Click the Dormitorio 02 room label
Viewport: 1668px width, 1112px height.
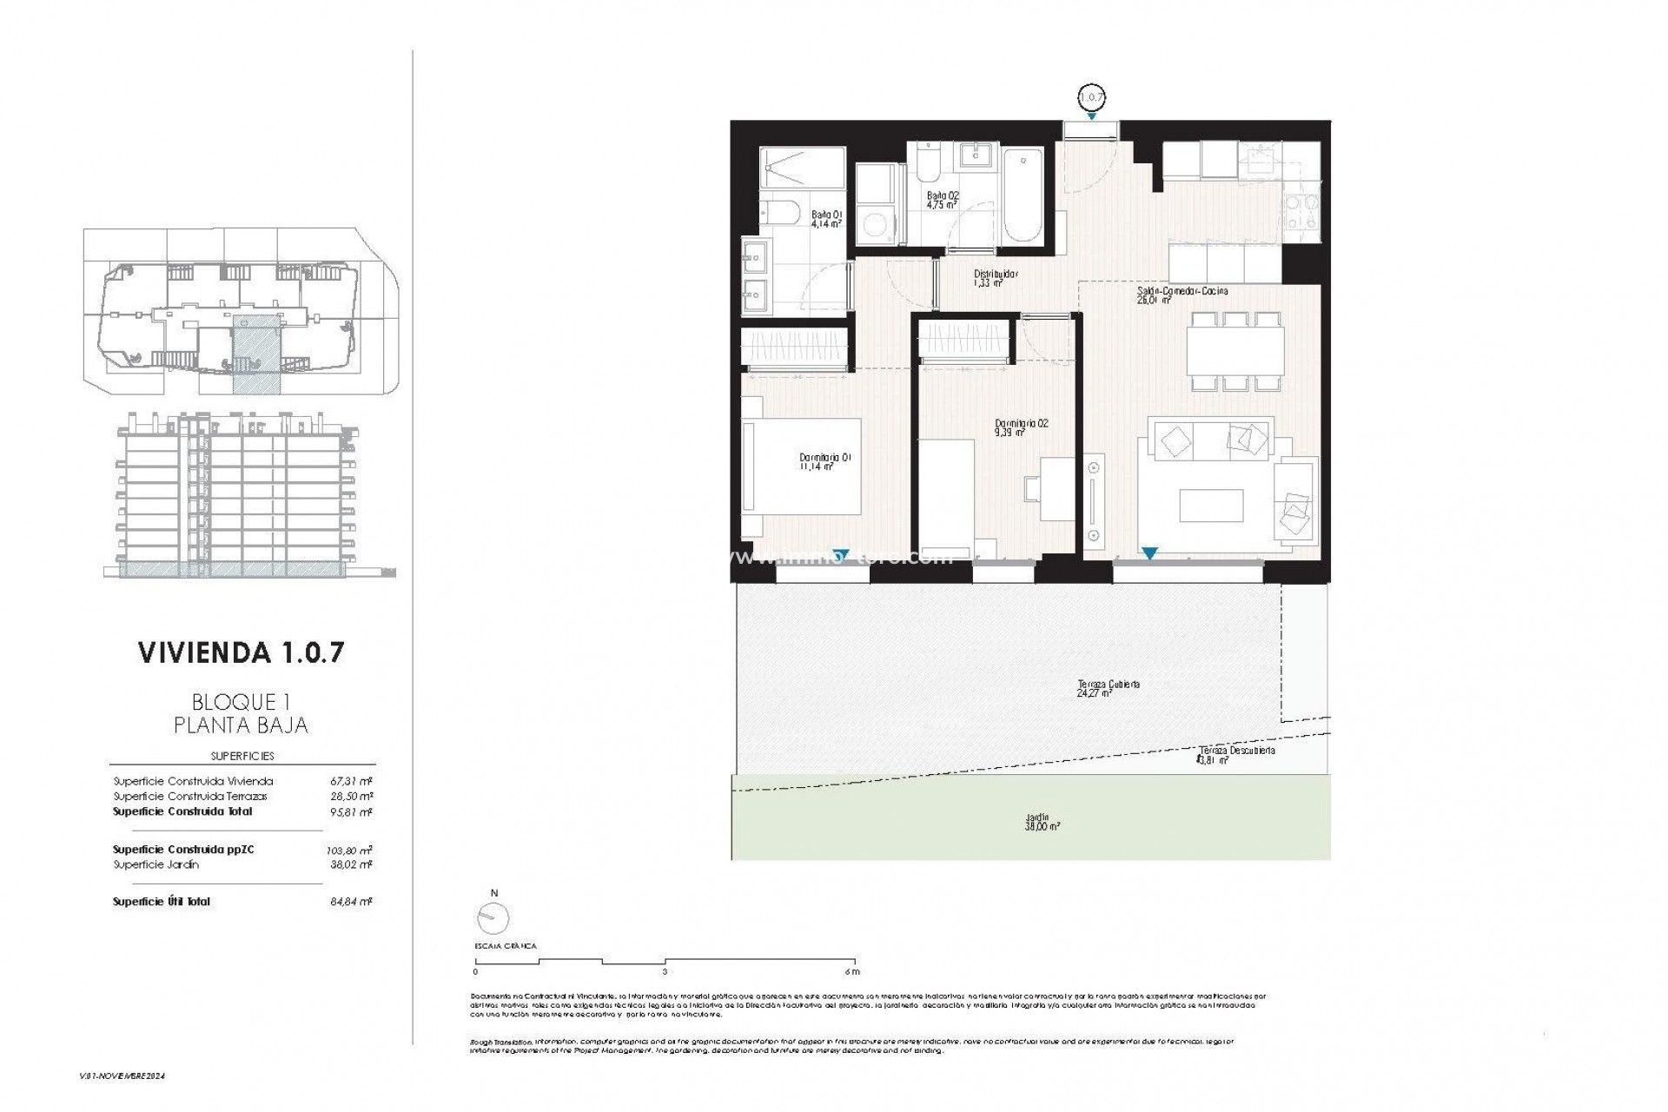1021,427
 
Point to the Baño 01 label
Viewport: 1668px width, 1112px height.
826,218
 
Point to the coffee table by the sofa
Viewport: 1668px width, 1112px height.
1211,506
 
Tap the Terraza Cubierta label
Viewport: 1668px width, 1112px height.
1108,688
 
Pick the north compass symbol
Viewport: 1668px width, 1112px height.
493,917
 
